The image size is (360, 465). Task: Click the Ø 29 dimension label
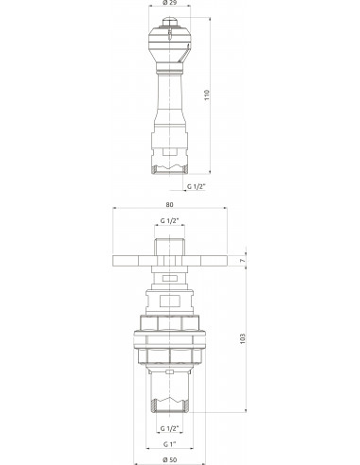coord(170,2)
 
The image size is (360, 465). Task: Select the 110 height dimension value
coord(207,95)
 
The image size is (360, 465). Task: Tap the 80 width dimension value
coord(169,204)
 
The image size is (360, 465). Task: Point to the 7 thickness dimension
coord(242,261)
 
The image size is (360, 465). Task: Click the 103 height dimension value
coord(242,338)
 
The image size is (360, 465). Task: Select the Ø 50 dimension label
coord(170,460)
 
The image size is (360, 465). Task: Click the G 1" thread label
coord(169,444)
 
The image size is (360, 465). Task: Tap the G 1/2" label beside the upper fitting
coord(197,186)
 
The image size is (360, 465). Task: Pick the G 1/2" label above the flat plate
coord(170,221)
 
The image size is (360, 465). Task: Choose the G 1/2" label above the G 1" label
coord(169,428)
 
